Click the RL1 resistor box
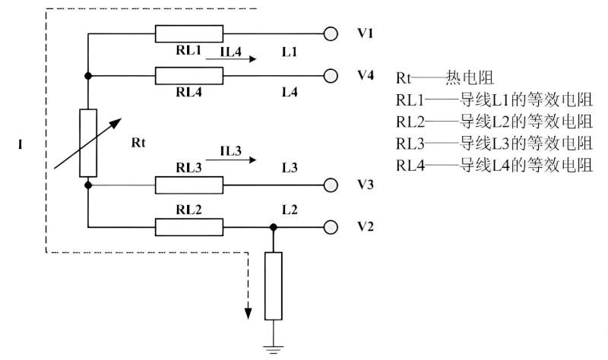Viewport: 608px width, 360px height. (188, 33)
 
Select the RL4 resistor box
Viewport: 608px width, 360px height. (188, 75)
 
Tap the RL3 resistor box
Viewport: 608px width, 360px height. (188, 185)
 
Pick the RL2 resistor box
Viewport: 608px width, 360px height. (188, 226)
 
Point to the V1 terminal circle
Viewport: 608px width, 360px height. (331, 33)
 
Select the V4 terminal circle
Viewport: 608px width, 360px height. (331, 75)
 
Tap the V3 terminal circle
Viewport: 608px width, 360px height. (331, 185)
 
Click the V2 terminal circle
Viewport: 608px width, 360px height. (331, 226)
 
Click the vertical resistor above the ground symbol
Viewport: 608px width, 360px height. (273, 286)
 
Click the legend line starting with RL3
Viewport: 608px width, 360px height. (494, 143)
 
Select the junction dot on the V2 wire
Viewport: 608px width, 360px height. (273, 226)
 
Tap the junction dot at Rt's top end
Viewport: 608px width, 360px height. (89, 75)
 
